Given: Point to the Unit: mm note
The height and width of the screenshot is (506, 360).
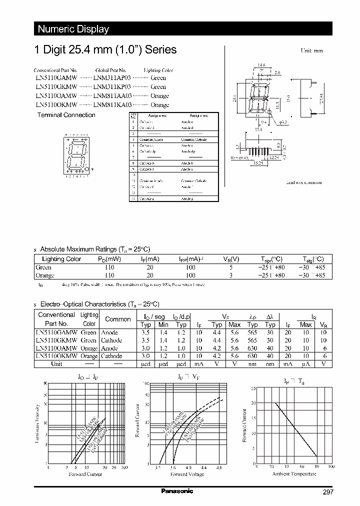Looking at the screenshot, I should click(311, 51).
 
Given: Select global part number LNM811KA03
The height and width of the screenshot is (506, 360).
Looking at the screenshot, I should click(112, 105).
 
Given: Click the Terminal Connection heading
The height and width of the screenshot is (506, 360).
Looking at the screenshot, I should click(66, 115).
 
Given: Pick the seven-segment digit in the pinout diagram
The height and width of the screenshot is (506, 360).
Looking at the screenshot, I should click(74, 155).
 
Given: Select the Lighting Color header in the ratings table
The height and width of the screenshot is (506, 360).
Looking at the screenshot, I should click(61, 259).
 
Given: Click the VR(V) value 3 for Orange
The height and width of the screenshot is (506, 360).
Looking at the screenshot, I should click(230, 275).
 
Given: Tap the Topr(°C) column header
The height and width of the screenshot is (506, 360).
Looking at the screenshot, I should click(271, 259).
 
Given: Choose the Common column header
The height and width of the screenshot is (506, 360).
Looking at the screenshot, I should click(117, 319).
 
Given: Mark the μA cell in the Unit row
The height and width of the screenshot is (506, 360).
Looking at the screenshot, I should click(305, 364).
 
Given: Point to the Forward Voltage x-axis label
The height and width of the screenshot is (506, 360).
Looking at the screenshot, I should click(187, 474).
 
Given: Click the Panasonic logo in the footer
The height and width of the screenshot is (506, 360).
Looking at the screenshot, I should click(177, 491).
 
